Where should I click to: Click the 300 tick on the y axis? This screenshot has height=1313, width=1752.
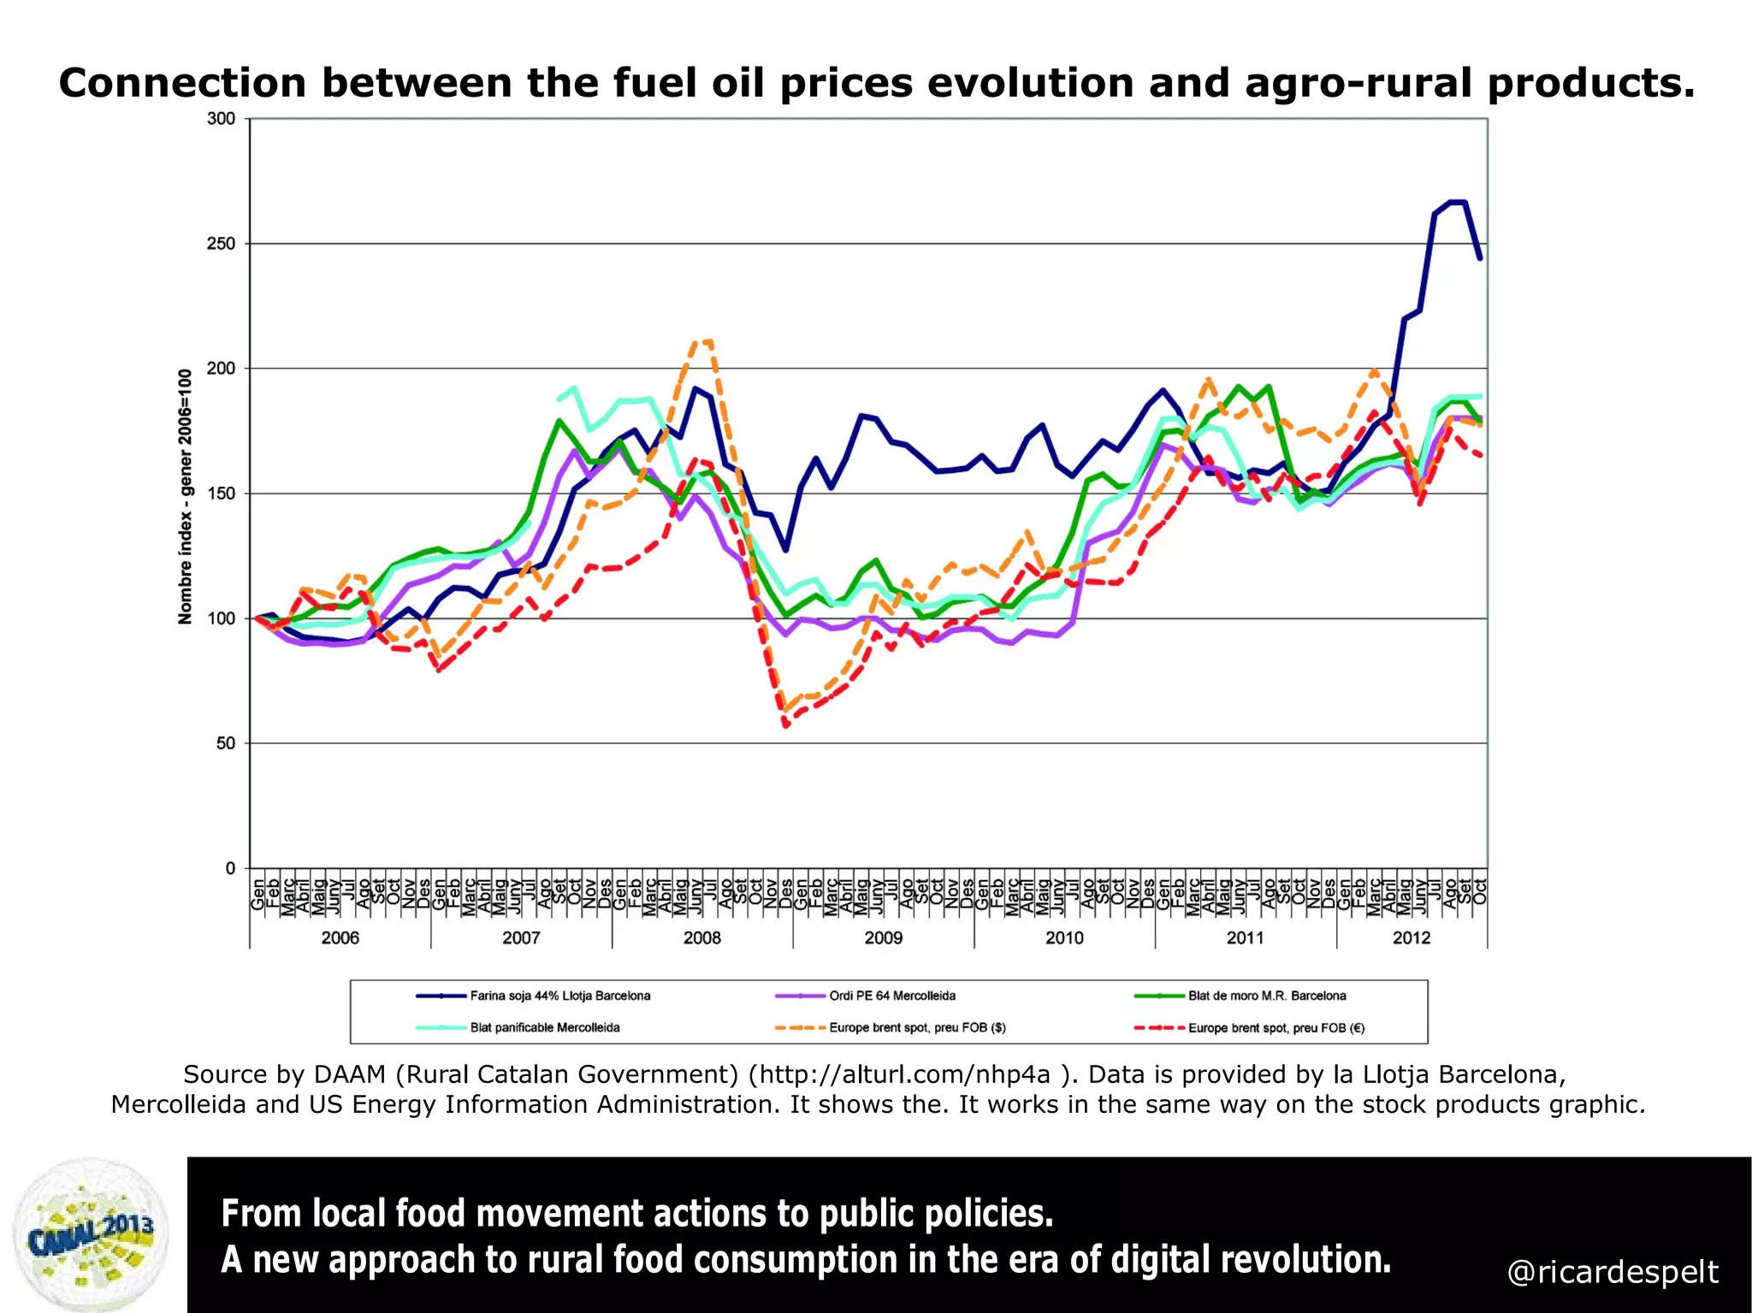pyautogui.click(x=221, y=119)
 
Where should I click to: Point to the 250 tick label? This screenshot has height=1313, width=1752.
pyautogui.click(x=221, y=244)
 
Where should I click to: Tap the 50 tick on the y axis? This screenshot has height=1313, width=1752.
pyautogui.click(x=225, y=743)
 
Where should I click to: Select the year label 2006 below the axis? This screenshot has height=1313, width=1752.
pyautogui.click(x=340, y=937)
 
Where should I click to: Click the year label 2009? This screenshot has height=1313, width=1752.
pyautogui.click(x=883, y=937)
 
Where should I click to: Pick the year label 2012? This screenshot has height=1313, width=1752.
pyautogui.click(x=1411, y=937)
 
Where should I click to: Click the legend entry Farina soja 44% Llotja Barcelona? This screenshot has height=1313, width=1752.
pyautogui.click(x=559, y=996)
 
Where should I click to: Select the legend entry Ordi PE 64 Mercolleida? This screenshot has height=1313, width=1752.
pyautogui.click(x=891, y=996)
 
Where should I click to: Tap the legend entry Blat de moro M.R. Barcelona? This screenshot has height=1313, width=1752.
pyautogui.click(x=1266, y=996)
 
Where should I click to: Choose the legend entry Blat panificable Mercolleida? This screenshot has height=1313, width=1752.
pyautogui.click(x=544, y=1027)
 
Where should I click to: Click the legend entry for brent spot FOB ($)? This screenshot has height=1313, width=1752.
pyautogui.click(x=917, y=1027)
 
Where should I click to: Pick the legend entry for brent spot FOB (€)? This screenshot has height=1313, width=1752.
pyautogui.click(x=1276, y=1027)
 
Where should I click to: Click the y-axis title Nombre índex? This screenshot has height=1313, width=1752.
pyautogui.click(x=185, y=496)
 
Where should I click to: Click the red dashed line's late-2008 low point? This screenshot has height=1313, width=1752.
pyautogui.click(x=785, y=725)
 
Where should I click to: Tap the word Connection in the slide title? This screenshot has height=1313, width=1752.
pyautogui.click(x=181, y=83)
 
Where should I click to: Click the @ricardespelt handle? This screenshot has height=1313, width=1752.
pyautogui.click(x=1612, y=1272)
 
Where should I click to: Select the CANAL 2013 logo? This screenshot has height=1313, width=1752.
pyautogui.click(x=92, y=1234)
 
